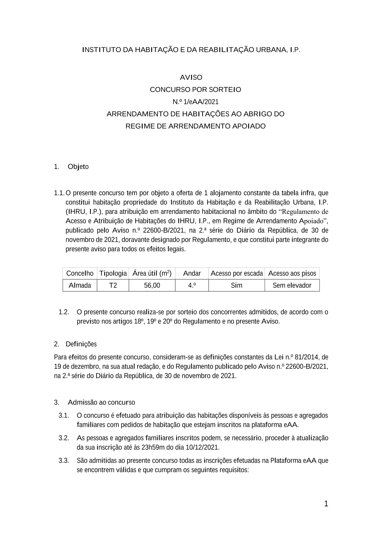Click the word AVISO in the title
coord(191,77)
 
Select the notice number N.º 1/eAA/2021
coord(195,102)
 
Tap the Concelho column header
coord(80,273)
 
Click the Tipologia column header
coord(113,273)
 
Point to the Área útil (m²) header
coord(152,273)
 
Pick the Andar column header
coord(192,273)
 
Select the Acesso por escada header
coord(237,273)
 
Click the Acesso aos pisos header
coord(292,273)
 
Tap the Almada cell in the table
coord(80,285)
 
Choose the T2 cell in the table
coord(113,285)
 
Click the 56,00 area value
coord(152,285)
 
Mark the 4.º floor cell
coord(192,285)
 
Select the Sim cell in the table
coord(237,285)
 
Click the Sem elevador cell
coord(292,285)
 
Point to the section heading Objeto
coord(78,167)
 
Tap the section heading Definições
coord(81,344)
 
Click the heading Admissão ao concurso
coord(101,402)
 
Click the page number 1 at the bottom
coord(326,504)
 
